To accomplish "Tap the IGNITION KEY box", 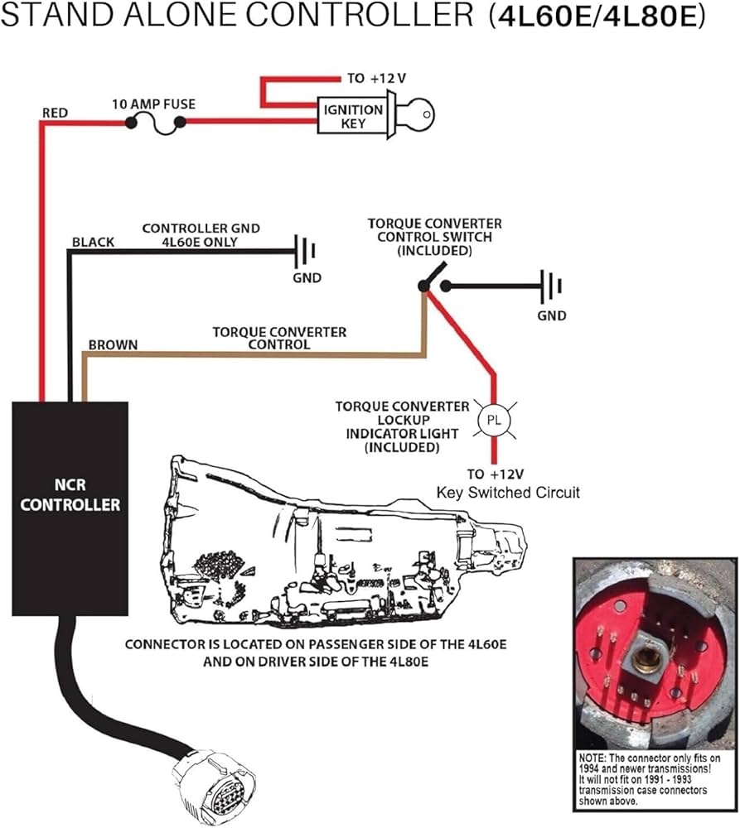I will point(352,117).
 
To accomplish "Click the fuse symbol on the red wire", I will point(154,123).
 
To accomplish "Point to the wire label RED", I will point(56,112).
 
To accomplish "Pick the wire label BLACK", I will point(93,243).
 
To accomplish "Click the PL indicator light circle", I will point(494,421).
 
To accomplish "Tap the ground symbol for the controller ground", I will point(307,248).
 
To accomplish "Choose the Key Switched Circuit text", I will point(508,493).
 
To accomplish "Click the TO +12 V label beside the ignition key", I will point(376,78).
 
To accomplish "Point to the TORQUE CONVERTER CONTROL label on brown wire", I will point(279,338).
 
